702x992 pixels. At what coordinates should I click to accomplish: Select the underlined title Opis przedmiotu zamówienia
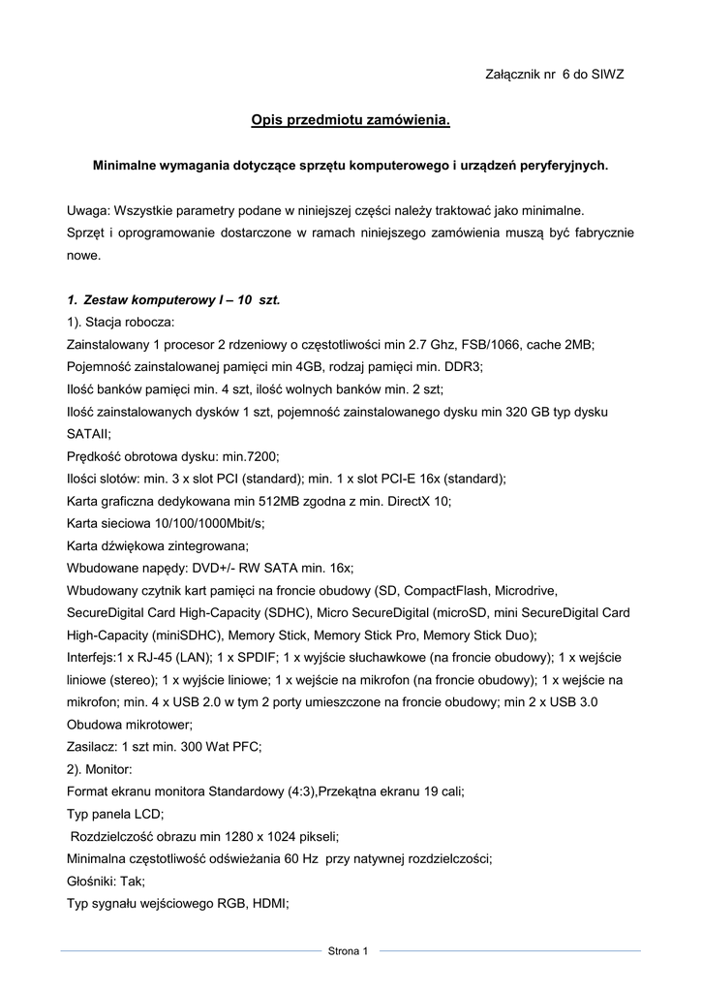coord(351,121)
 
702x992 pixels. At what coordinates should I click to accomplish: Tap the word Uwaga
coord(87,210)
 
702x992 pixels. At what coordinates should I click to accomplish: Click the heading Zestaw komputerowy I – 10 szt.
coord(174,300)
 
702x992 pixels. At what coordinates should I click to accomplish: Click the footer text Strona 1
coord(350,951)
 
